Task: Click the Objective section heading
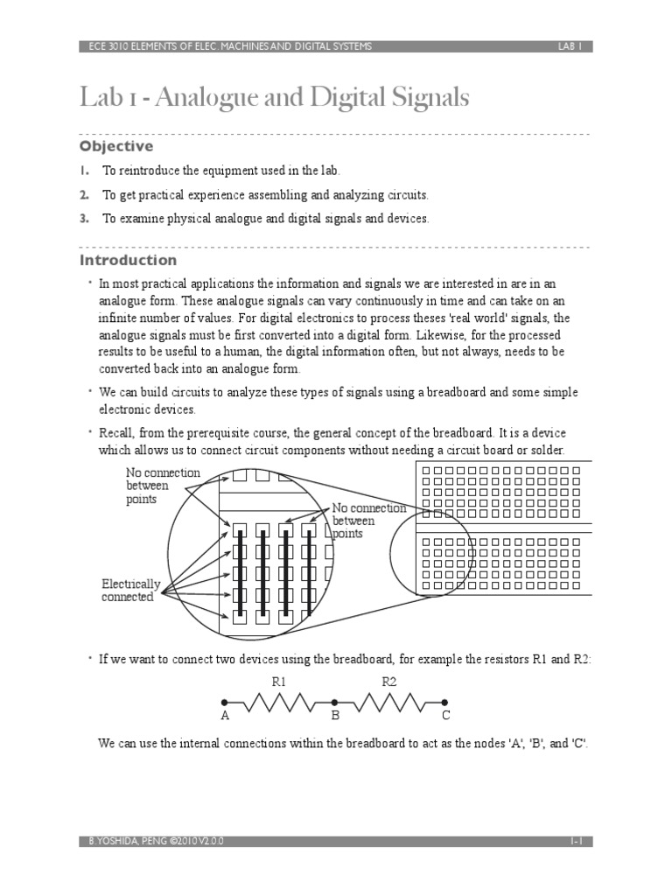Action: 116,146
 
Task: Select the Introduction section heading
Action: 128,260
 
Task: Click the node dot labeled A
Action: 225,702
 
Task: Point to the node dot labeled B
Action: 334,702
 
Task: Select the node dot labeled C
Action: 444,702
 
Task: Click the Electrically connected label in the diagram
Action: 131,591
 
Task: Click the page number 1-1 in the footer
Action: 576,841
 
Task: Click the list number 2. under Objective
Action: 85,194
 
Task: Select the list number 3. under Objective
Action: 85,219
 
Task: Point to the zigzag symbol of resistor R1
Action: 280,702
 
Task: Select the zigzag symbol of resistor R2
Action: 389,702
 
